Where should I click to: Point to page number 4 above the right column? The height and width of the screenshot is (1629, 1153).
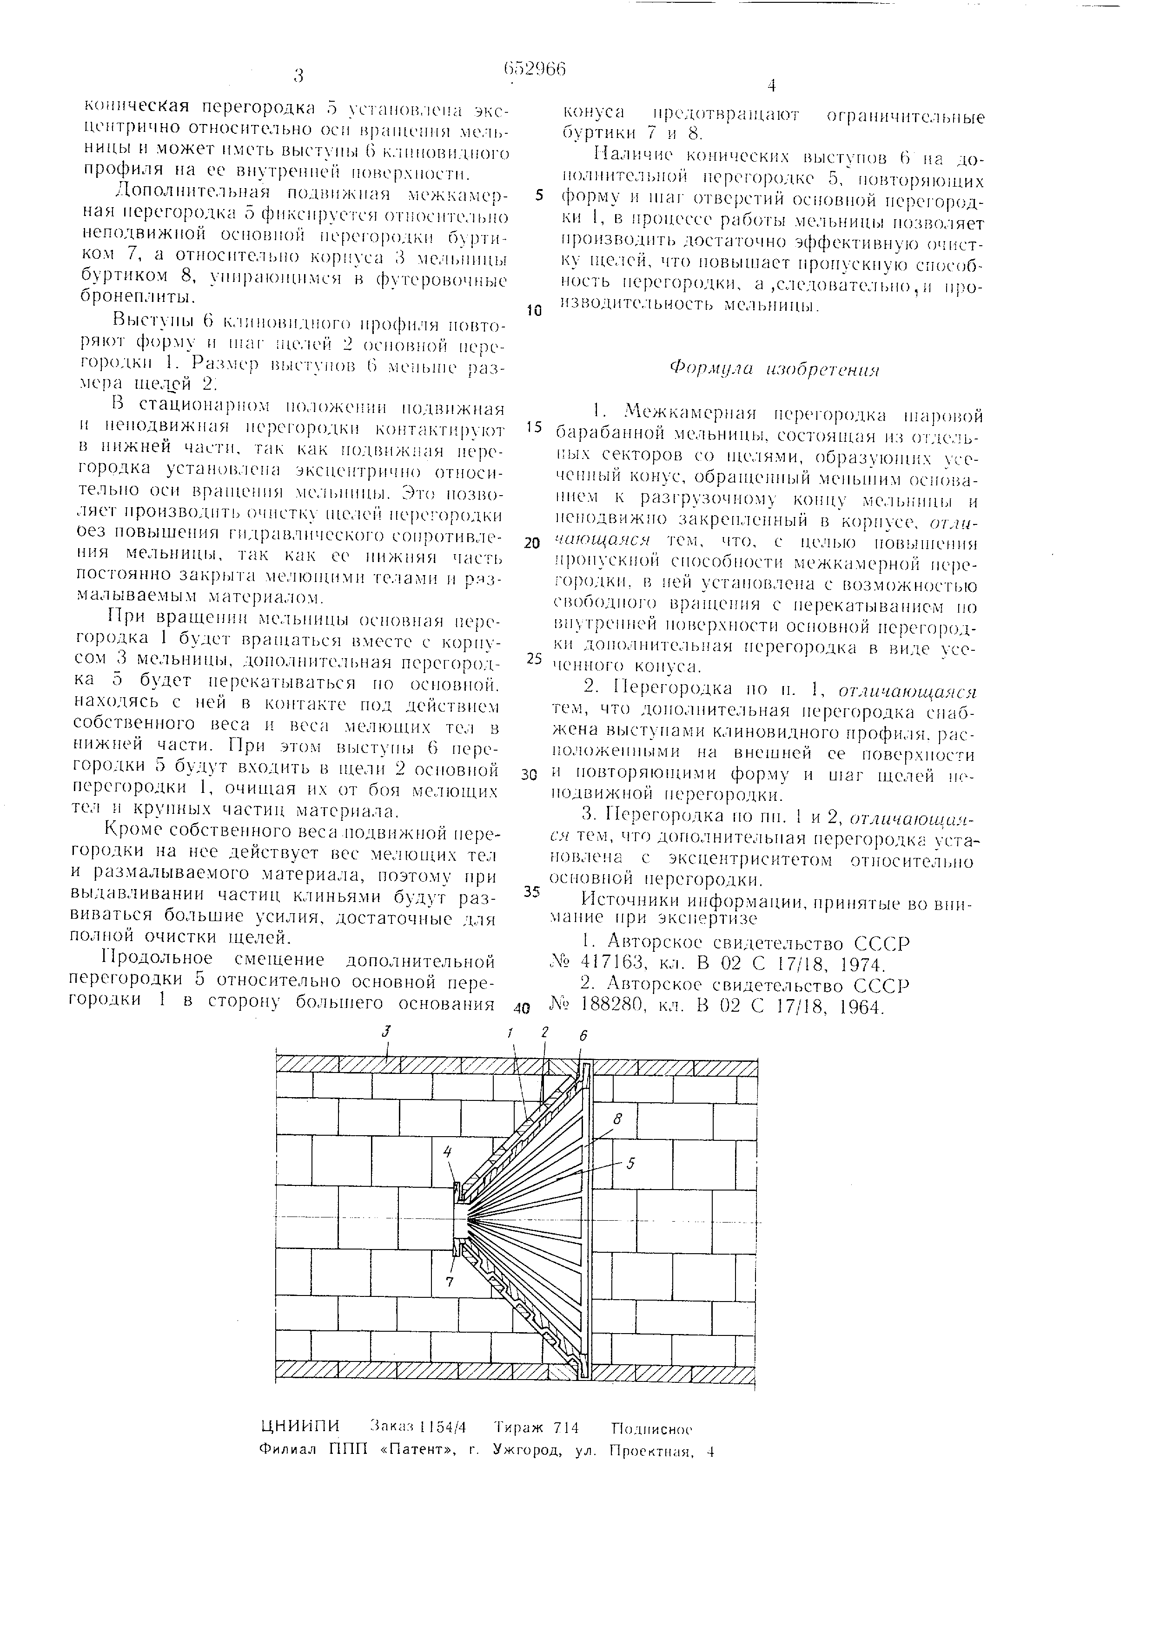click(x=772, y=86)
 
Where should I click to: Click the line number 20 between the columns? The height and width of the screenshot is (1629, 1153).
click(x=532, y=543)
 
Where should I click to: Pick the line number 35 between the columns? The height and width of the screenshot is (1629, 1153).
click(x=532, y=892)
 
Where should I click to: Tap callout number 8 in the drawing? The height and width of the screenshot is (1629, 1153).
click(x=618, y=1119)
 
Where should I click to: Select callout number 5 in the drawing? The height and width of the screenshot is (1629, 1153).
click(x=630, y=1163)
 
